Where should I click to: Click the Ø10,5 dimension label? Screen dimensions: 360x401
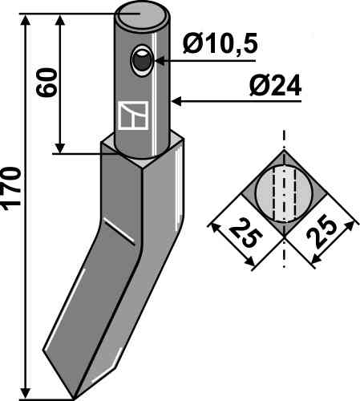coord(220,43)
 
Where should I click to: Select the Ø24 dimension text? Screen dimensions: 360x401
coord(275,87)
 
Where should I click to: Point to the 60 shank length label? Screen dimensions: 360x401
coord(47,83)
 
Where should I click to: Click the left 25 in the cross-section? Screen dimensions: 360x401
coord(244,233)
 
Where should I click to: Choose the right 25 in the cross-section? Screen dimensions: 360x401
coord(322,231)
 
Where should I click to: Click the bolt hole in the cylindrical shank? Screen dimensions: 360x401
coord(142,61)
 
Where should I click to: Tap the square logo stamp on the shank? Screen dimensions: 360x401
coord(133,115)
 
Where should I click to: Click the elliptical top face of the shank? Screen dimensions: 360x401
coord(143,14)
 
